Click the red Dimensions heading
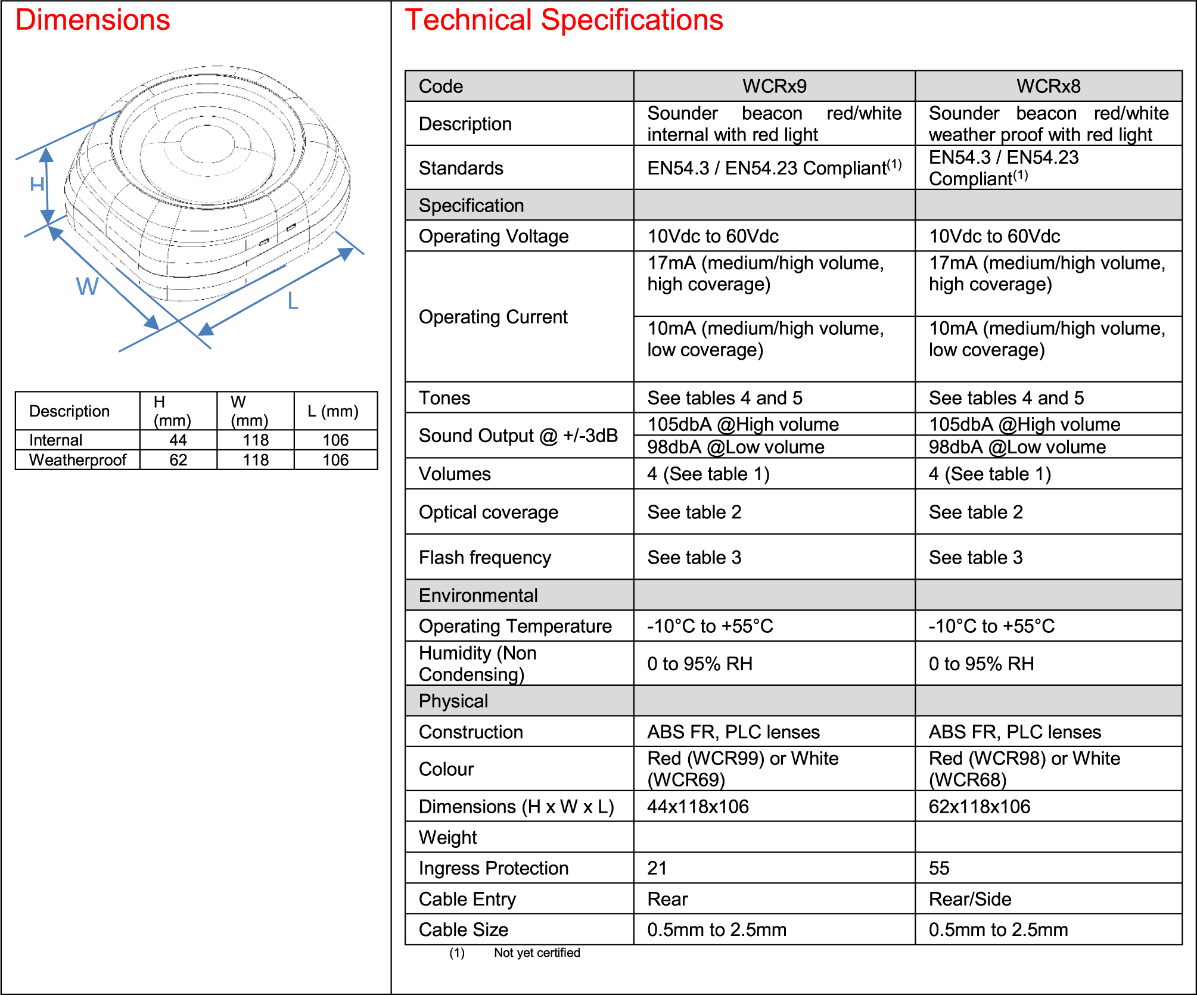coord(93,20)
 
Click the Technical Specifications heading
coord(564,20)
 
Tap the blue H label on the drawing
coord(37,184)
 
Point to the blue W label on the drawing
coord(87,287)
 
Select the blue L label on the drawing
coord(293,301)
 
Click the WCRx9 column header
coord(774,86)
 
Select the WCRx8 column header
coord(1048,86)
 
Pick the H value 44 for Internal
coord(178,440)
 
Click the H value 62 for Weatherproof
coord(178,460)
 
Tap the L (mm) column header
coord(333,411)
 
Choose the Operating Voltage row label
coord(493,237)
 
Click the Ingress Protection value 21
coord(657,868)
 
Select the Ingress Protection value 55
coord(939,868)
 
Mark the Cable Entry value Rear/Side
coord(970,899)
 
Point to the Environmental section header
coord(478,595)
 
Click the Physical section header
coord(453,701)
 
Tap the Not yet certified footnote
coord(537,953)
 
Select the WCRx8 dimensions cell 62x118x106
coord(980,807)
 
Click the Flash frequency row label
coord(485,558)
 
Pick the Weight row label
coord(448,838)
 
